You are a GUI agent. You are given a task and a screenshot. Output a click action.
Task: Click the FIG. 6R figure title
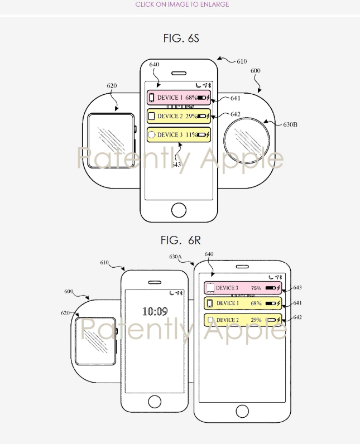[x=180, y=240]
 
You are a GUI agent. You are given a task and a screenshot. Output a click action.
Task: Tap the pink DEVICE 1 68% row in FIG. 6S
[x=179, y=98]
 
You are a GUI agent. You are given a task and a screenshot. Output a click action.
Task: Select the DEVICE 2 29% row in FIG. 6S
[x=179, y=116]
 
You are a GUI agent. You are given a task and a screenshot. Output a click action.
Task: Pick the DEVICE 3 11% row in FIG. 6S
[x=179, y=135]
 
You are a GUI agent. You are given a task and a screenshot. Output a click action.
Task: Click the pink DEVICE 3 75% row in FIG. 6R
[x=242, y=288]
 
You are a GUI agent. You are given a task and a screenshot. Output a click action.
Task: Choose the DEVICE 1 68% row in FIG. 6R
[x=242, y=303]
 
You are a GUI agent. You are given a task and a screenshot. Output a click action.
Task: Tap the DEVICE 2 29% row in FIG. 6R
[x=242, y=320]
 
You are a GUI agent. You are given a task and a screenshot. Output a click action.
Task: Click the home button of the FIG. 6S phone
[x=179, y=210]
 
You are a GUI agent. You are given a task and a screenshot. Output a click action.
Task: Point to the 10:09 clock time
[x=155, y=311]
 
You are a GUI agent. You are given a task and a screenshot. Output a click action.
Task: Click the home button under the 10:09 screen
[x=155, y=400]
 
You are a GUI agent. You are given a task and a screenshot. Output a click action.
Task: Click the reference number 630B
[x=290, y=124]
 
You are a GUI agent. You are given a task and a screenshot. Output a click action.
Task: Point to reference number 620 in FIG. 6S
[x=112, y=86]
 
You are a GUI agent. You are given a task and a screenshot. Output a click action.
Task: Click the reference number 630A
[x=175, y=257]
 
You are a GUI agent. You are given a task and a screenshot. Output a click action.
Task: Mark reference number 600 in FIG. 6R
[x=69, y=292]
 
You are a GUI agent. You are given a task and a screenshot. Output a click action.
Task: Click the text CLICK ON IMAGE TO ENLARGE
[x=182, y=4]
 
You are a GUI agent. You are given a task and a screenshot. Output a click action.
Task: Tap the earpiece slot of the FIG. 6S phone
[x=179, y=73]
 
